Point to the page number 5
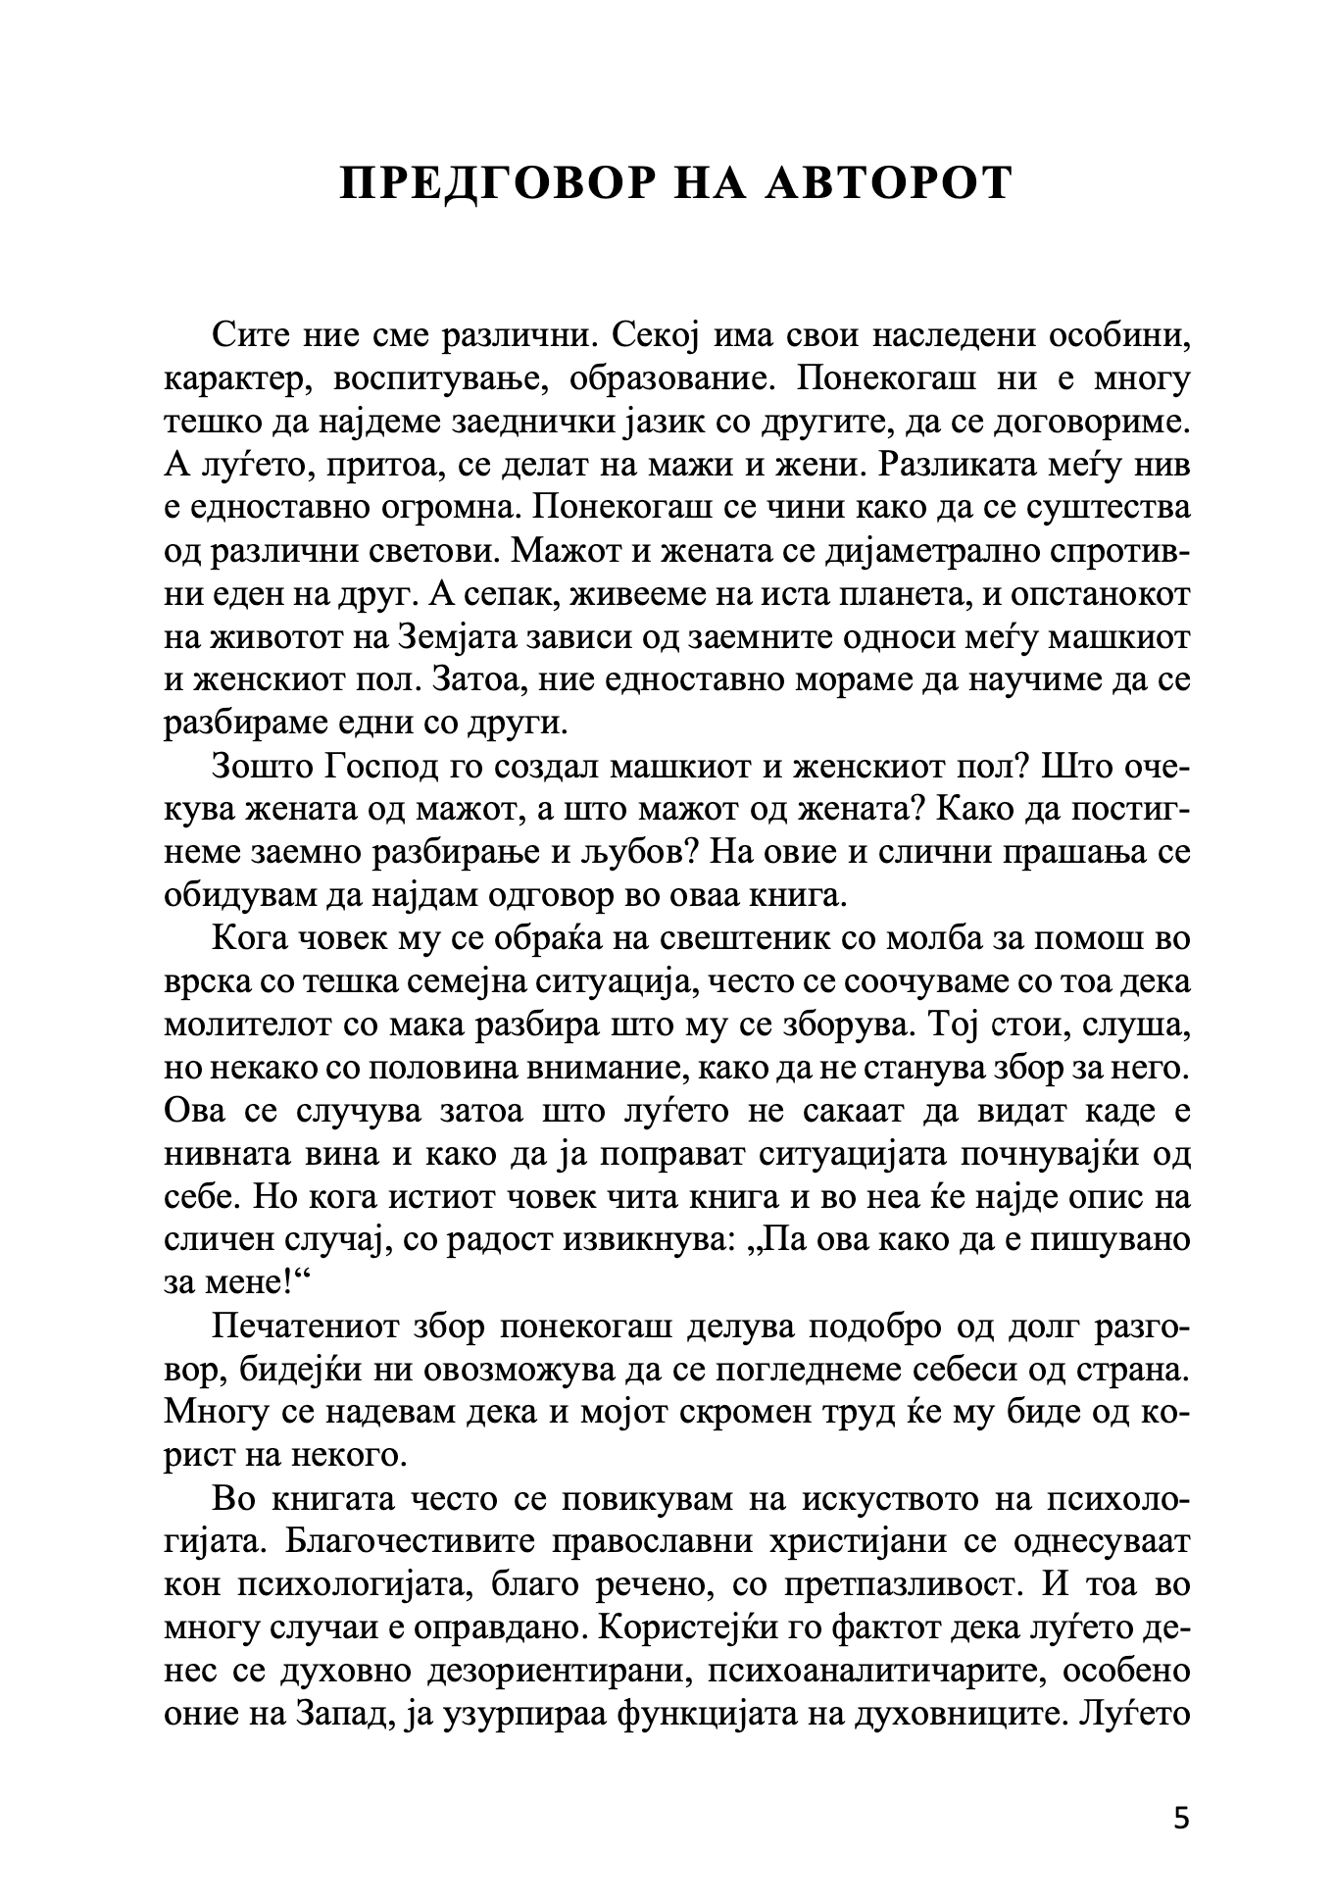[x=1180, y=1819]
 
